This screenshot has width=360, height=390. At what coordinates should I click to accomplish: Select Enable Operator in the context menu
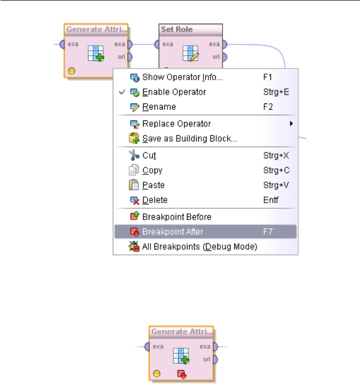pos(174,92)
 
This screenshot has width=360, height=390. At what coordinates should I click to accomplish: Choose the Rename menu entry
pos(159,107)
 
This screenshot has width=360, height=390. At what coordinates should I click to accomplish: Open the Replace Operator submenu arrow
pos(292,123)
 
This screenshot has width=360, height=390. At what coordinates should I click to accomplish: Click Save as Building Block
pos(190,138)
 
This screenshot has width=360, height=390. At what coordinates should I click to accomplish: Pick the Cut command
pos(149,155)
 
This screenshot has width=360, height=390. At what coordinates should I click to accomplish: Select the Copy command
pos(152,170)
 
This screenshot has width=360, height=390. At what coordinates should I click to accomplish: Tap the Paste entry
pos(153,185)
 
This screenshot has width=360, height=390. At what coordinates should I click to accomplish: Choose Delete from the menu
pos(155,200)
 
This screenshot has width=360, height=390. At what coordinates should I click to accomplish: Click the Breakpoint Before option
pos(177,217)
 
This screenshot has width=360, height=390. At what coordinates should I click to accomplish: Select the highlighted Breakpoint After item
pos(173,232)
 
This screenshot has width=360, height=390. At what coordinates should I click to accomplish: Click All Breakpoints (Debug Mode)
pos(199,247)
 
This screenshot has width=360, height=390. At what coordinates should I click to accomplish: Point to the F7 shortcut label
pos(268,232)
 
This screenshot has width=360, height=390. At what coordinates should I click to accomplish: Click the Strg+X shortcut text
pos(272,155)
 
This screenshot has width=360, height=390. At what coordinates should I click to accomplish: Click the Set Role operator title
pos(177,29)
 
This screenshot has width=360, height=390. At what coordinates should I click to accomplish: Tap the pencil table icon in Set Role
pos(191,53)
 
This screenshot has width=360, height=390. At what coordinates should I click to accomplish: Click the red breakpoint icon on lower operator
pos(181,374)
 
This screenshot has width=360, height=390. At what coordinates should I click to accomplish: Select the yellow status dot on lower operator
pos(157,373)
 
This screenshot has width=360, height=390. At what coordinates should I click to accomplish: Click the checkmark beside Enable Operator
pos(122,92)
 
